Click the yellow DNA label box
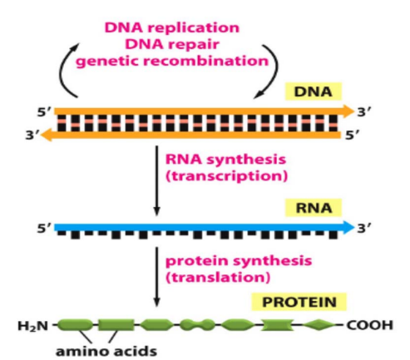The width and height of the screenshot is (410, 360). pos(314,91)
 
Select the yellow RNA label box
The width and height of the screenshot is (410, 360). pos(314,208)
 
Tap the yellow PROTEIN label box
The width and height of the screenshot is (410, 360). pos(299,302)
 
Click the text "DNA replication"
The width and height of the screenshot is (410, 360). pos(172,27)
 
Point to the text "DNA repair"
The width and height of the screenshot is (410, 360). pos(172,45)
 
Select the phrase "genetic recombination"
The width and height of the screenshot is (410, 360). pos(172,62)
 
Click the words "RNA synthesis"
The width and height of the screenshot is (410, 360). pos(225,160)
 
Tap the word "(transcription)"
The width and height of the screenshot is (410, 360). pos(226,176)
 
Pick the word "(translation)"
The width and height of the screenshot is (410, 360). pos(218,277)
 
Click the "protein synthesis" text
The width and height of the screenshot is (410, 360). pos(239,261)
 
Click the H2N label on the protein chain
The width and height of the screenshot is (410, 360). pos(33,326)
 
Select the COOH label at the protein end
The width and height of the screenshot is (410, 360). pos(370,325)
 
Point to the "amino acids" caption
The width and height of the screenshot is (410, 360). pos(106,352)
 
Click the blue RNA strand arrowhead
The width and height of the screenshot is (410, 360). pos(348,228)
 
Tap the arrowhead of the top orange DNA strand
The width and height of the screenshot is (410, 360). pos(348,111)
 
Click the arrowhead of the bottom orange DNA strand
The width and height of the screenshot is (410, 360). pos(47,135)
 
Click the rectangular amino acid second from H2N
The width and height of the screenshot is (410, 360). pos(116,325)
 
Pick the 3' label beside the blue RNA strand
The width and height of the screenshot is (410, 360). pos(363,229)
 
